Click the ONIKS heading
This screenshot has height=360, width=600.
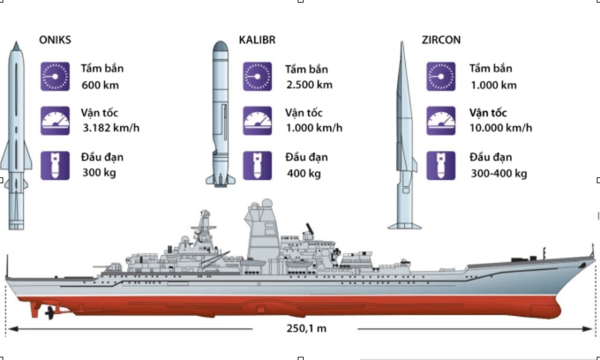point(55,40)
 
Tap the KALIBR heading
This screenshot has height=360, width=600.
point(257,40)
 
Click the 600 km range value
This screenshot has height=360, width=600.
point(100,85)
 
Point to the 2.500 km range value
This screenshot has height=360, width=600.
point(309,85)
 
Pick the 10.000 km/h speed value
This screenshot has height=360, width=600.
point(500,128)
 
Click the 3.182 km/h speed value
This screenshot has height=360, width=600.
point(111,128)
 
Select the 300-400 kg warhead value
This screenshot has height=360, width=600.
point(498,174)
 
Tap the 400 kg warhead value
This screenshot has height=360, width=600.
point(304,174)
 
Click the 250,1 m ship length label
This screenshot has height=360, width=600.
point(307,328)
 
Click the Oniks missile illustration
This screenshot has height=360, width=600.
point(16,136)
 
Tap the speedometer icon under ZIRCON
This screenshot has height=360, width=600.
point(441,120)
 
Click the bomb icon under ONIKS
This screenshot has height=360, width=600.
point(55,166)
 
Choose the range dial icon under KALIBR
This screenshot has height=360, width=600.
point(257,76)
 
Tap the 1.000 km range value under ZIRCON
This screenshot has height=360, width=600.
point(493,85)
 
